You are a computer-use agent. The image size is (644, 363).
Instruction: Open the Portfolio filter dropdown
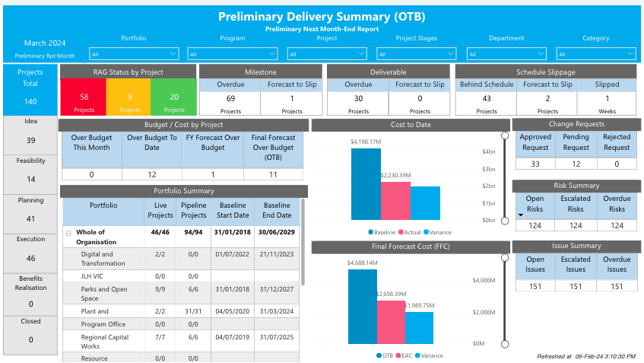[134, 54]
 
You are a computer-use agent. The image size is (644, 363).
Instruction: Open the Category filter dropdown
[595, 54]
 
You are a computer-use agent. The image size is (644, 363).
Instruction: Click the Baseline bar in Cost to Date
[366, 184]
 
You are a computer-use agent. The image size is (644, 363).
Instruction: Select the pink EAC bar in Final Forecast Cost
[391, 322]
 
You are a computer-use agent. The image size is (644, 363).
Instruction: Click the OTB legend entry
[386, 355]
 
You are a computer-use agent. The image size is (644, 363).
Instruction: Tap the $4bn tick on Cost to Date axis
[490, 151]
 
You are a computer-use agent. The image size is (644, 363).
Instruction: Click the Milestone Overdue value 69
[230, 98]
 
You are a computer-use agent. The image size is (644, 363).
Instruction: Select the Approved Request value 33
[535, 164]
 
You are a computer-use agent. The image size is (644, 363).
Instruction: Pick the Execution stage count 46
[30, 259]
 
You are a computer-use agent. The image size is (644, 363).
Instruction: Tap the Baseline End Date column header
[277, 210]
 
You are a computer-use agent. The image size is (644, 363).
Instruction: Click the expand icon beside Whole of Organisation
[68, 232]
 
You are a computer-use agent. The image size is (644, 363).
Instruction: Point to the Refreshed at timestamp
[586, 355]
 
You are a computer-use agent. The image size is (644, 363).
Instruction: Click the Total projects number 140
[30, 101]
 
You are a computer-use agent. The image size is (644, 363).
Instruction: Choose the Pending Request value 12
[576, 164]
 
